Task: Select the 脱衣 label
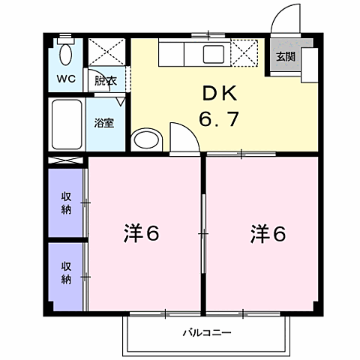[x=105, y=80]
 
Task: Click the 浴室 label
[x=104, y=122]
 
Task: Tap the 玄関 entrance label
[x=284, y=56]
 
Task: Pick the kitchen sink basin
[x=212, y=54]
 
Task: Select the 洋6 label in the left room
[x=141, y=235]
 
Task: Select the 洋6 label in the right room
[x=268, y=235]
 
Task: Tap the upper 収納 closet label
[x=66, y=202]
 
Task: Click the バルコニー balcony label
[x=205, y=332]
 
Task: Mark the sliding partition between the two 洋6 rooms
[x=203, y=234]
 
